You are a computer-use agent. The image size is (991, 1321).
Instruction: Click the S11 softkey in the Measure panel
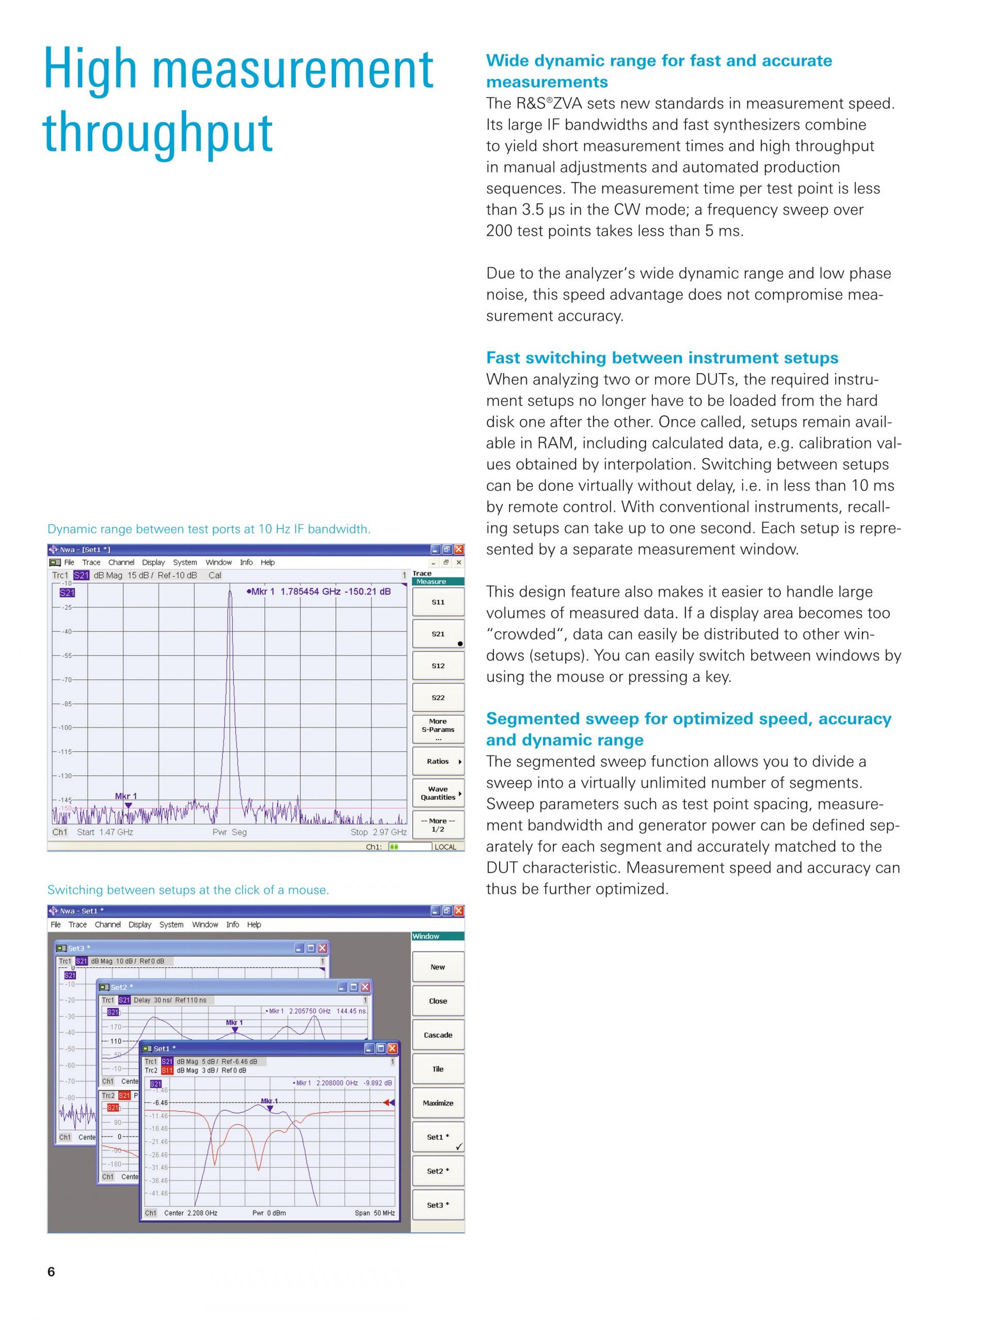(x=438, y=602)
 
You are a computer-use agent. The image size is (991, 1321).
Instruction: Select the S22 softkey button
(x=438, y=698)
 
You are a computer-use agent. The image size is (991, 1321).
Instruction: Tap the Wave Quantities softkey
(x=438, y=793)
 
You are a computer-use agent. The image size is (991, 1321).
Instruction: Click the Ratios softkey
(x=438, y=762)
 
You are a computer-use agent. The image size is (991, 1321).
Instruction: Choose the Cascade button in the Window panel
(x=438, y=1035)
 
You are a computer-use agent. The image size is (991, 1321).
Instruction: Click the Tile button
(x=438, y=1069)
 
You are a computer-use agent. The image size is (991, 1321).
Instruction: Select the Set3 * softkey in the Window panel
(x=438, y=1205)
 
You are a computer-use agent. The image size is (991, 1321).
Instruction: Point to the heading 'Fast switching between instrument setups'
(x=662, y=358)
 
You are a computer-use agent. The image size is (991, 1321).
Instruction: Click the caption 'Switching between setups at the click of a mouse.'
(x=188, y=890)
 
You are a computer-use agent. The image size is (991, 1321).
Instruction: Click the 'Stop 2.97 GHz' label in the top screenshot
(x=379, y=832)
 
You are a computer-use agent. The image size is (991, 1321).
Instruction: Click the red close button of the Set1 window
(x=392, y=1049)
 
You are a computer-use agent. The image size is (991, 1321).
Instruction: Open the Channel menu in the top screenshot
(x=121, y=562)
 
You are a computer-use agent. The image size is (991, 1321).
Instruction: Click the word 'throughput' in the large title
(x=158, y=133)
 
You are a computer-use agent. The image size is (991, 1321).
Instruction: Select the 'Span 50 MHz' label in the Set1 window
(x=375, y=1213)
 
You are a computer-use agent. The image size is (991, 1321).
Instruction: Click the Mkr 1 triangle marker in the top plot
(x=128, y=805)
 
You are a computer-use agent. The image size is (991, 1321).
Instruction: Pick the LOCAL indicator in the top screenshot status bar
(x=445, y=847)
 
